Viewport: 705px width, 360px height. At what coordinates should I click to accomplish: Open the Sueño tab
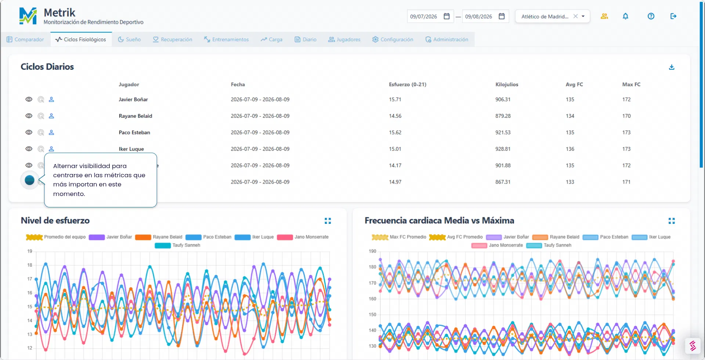click(129, 40)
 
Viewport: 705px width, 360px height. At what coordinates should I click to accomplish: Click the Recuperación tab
click(173, 40)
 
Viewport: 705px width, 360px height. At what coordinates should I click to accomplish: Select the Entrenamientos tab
click(227, 40)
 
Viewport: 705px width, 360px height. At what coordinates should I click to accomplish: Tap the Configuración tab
click(393, 40)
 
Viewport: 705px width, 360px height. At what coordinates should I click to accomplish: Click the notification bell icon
click(625, 16)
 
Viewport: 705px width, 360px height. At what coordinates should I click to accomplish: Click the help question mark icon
click(651, 16)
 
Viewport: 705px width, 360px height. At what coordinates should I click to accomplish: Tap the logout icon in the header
click(673, 16)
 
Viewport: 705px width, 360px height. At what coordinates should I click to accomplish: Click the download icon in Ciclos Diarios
click(672, 67)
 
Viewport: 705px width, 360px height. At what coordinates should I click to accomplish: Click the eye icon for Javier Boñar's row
click(29, 99)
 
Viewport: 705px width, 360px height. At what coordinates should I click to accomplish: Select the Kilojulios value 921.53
click(503, 132)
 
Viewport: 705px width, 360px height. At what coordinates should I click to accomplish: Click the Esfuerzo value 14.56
click(395, 116)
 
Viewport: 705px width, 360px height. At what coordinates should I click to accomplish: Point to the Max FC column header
click(631, 84)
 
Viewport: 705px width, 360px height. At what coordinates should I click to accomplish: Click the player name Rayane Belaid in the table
click(135, 116)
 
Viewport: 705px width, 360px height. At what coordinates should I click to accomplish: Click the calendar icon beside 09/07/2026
click(446, 16)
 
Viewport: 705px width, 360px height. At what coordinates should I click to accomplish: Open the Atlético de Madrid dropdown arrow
click(583, 16)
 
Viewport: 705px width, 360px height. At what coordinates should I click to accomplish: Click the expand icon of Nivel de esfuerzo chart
click(328, 221)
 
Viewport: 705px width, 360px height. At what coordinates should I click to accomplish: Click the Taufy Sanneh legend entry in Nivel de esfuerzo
click(178, 245)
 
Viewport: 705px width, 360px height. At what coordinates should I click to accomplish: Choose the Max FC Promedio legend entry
click(399, 237)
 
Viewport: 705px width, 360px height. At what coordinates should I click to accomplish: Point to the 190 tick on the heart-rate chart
click(372, 251)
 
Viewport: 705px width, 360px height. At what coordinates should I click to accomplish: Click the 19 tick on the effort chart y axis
click(30, 251)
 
